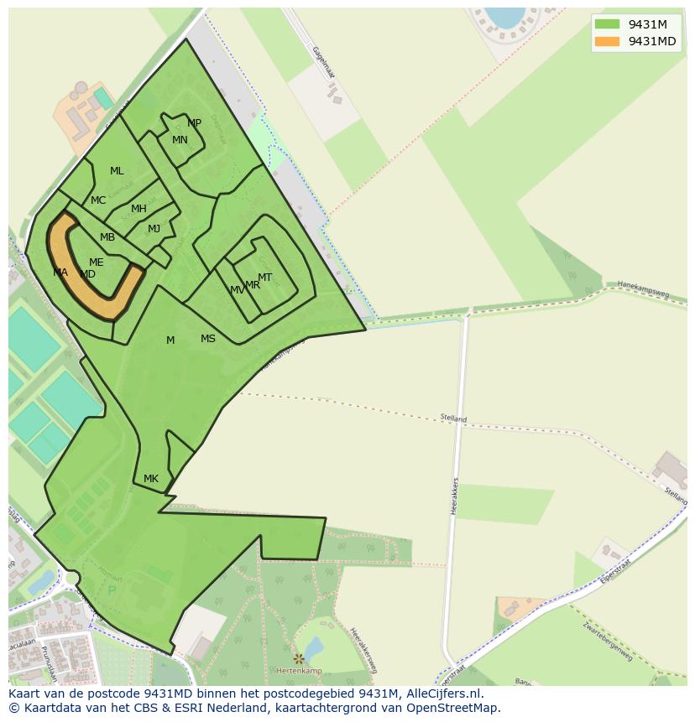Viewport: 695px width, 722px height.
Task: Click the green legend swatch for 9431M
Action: coord(607,24)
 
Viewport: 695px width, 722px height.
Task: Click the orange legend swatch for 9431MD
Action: coord(607,42)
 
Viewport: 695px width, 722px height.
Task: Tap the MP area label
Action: coord(194,123)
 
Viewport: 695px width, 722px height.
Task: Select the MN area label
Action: coord(180,140)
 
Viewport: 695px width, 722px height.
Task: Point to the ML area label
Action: coord(117,171)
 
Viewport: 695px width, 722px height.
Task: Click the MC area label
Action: coord(98,200)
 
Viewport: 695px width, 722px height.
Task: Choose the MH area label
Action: coord(138,209)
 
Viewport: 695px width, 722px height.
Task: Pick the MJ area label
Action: coord(154,229)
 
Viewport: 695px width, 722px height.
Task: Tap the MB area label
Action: coord(107,237)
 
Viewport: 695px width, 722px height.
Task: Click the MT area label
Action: coord(264,278)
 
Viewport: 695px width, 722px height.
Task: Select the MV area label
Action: coord(238,290)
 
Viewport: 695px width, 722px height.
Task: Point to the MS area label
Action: coord(208,339)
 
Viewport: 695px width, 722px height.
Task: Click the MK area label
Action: coord(151,479)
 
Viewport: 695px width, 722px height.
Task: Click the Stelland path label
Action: coord(453,418)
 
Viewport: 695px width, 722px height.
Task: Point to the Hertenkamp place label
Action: coord(300,672)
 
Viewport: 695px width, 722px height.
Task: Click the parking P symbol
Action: coord(112,590)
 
